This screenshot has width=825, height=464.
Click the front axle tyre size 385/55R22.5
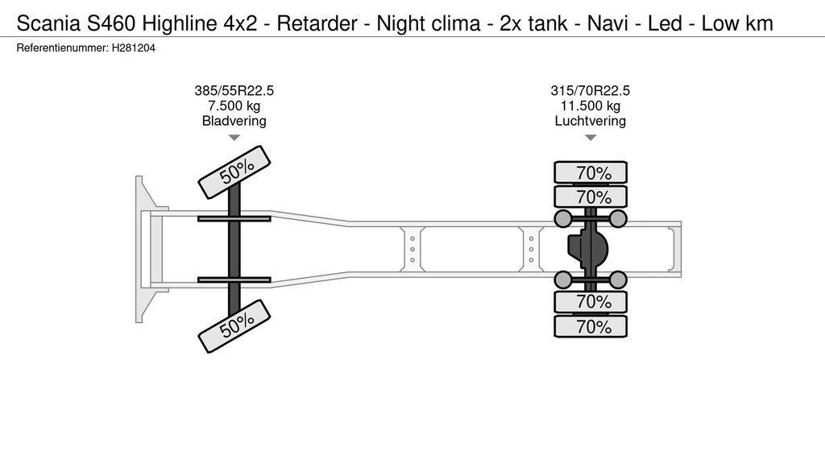point(234,91)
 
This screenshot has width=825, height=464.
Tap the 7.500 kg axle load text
point(234,106)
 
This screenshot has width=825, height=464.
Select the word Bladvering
point(234,122)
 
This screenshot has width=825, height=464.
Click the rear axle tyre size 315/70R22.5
point(590,91)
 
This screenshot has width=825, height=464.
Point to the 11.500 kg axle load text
point(590,106)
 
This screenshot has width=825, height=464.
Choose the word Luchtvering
point(590,122)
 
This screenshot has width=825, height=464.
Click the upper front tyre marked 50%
point(234,172)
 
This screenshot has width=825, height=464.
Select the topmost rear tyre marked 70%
point(590,172)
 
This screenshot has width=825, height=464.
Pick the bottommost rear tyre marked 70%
point(590,326)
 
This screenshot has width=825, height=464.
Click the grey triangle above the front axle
point(234,138)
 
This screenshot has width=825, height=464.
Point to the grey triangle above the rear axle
point(590,138)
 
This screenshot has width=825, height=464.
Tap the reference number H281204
point(133,48)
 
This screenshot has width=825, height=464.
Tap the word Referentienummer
point(60,48)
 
